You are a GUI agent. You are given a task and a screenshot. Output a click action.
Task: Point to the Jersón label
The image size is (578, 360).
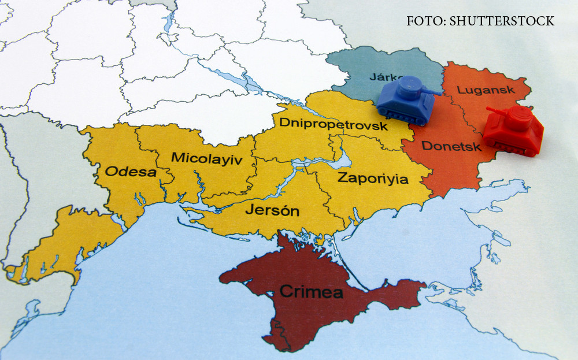[x=272, y=210]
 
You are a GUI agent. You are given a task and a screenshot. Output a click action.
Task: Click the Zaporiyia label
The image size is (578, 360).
[x=372, y=178]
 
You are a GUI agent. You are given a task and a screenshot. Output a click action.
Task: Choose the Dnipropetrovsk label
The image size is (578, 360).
[x=333, y=124]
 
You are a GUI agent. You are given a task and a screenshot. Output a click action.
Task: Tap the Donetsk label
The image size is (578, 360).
[x=451, y=146]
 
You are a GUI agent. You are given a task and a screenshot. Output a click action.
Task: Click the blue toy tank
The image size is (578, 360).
[x=406, y=101]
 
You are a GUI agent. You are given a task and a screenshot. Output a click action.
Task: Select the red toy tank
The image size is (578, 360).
[x=514, y=131]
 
